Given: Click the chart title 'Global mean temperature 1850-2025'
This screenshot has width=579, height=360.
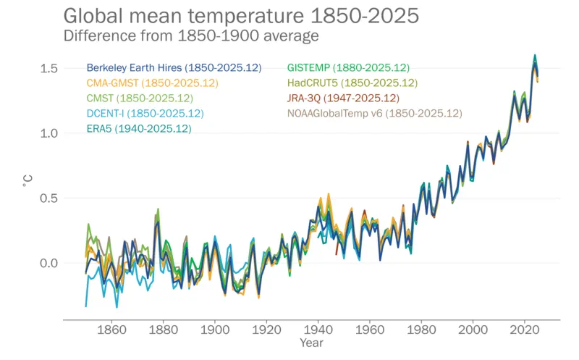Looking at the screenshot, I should [x=241, y=15].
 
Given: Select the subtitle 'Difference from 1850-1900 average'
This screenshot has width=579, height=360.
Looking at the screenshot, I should [x=192, y=35].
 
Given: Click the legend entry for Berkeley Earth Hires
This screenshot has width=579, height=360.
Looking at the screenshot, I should [x=174, y=68].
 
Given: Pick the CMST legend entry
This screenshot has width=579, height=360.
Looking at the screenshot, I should [x=140, y=99].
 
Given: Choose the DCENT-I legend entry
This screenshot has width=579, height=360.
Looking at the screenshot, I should [x=145, y=114].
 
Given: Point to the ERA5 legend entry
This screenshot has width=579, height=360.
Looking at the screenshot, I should [x=139, y=129].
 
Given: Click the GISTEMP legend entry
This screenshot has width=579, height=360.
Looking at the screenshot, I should [x=348, y=68].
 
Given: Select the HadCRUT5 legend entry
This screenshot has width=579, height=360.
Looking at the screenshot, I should [x=352, y=83].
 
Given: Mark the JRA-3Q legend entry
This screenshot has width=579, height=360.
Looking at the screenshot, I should [x=343, y=99].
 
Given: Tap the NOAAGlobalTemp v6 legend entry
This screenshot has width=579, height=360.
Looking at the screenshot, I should [x=374, y=114].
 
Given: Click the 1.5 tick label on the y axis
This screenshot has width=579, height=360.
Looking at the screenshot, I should [x=48, y=68].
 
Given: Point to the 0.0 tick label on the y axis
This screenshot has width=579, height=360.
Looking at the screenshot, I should [x=48, y=263].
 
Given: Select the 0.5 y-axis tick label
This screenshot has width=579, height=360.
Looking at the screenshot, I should [x=48, y=198].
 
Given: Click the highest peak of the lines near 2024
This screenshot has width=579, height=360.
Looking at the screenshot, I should [x=535, y=56].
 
